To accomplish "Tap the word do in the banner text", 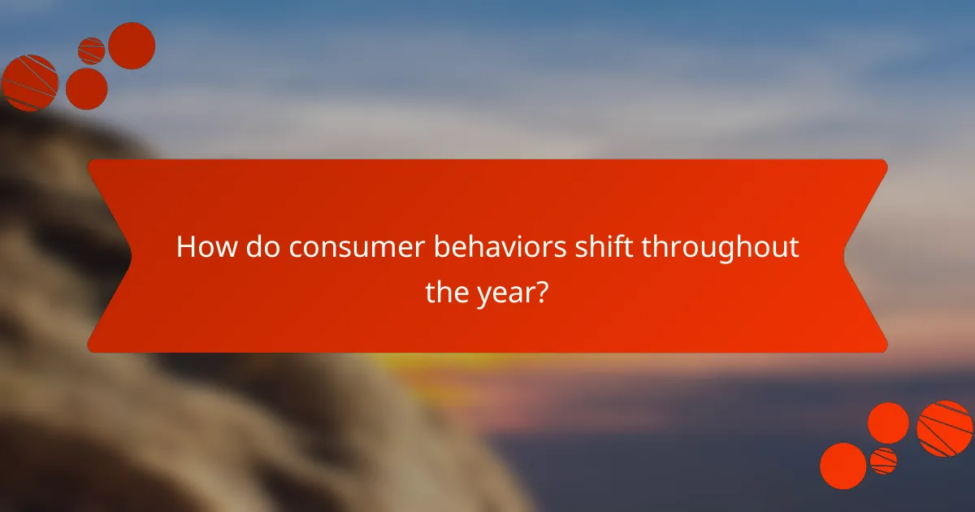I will pyautogui.click(x=255, y=247).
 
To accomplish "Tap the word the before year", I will pyautogui.click(x=446, y=293).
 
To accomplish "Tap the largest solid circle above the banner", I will pyautogui.click(x=132, y=46).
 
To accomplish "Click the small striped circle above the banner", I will pyautogui.click(x=91, y=50).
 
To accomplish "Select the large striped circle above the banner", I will pyautogui.click(x=30, y=82).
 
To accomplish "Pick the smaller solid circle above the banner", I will pyautogui.click(x=86, y=88).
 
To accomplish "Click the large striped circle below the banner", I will pyautogui.click(x=945, y=428).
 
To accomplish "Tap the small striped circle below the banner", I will pyautogui.click(x=883, y=461).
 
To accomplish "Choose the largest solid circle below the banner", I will pyautogui.click(x=843, y=466).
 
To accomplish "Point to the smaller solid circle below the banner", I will pyautogui.click(x=888, y=423).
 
